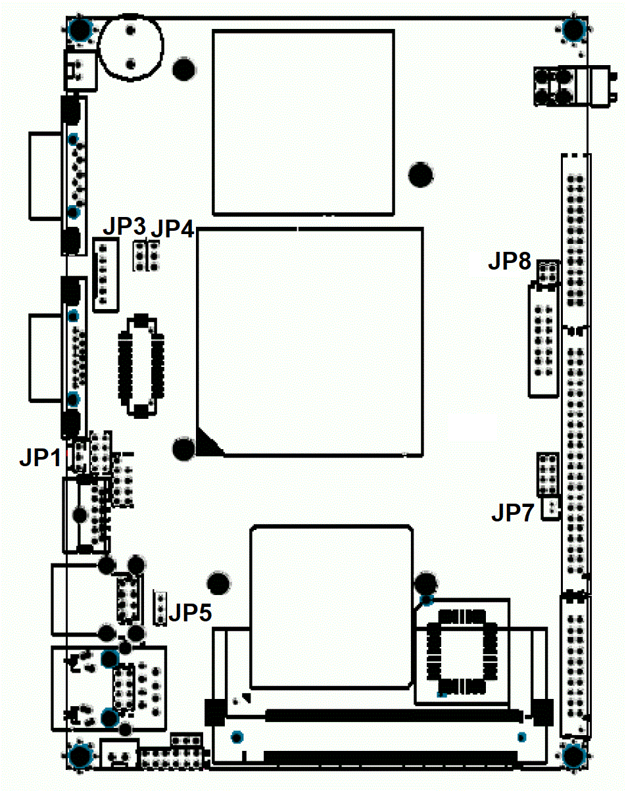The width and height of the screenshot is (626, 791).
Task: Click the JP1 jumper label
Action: coord(40,458)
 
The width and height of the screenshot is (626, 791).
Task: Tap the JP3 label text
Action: coord(124,226)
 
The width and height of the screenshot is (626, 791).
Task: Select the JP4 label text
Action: coord(172,228)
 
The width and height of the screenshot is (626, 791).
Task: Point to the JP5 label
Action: coord(190,612)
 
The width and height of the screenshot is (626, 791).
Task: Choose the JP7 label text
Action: coord(512,513)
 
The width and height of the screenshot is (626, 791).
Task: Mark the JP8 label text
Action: coord(510,261)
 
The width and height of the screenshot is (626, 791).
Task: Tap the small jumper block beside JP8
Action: coord(548,272)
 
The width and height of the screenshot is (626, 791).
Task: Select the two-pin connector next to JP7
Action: coord(550,509)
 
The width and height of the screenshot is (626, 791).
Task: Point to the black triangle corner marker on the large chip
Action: coord(208,443)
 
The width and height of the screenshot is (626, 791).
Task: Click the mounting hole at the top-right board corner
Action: coord(574,29)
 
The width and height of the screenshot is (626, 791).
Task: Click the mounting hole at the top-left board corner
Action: coord(80,29)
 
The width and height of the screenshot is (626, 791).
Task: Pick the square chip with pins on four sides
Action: coord(462,652)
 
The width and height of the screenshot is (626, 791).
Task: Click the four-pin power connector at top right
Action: coord(552,87)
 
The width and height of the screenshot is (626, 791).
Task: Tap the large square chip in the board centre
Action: coord(310,342)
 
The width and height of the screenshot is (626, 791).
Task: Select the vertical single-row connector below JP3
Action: coord(106,276)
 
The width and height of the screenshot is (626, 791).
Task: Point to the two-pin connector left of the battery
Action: coord(80,70)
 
